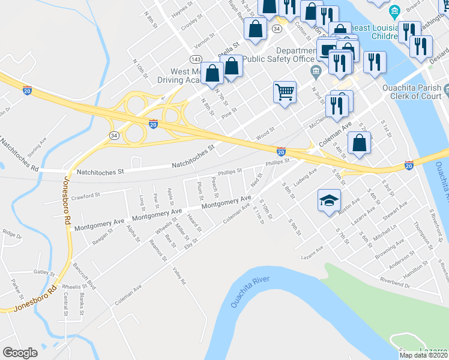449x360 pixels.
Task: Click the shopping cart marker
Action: (285, 92)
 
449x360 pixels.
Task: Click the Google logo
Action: (20, 352)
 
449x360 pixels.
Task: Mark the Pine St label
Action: (230, 113)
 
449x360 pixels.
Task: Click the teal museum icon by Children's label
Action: (394, 11)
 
